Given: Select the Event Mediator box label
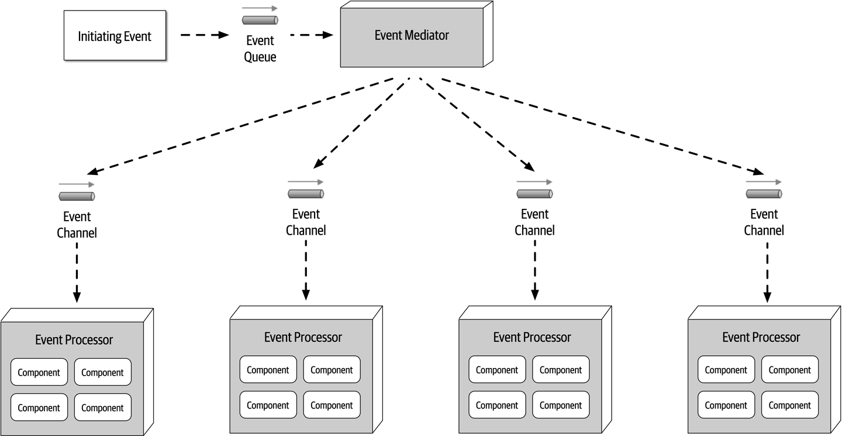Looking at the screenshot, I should [x=412, y=35].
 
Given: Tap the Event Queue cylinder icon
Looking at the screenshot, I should [x=260, y=20].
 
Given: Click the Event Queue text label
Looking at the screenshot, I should [x=260, y=49].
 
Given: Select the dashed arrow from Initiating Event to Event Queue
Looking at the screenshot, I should [x=203, y=35].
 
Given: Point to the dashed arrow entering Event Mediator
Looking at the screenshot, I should [x=312, y=35].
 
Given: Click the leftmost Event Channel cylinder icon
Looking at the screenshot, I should [x=77, y=196].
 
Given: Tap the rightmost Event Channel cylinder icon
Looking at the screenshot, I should [x=764, y=194].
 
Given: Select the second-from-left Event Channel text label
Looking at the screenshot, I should [x=306, y=222].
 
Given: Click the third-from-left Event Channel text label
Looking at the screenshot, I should [x=534, y=222].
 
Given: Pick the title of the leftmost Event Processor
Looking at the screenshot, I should [x=74, y=340].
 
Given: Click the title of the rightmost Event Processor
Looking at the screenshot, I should [x=761, y=338].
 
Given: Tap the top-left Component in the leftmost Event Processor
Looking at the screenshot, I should [x=39, y=372].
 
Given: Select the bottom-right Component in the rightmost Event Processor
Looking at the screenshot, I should [x=789, y=405].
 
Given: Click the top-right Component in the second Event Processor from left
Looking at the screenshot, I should [x=332, y=370].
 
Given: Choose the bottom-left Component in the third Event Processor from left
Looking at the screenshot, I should [x=496, y=405].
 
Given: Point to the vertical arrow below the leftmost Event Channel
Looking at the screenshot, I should [x=77, y=272].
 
